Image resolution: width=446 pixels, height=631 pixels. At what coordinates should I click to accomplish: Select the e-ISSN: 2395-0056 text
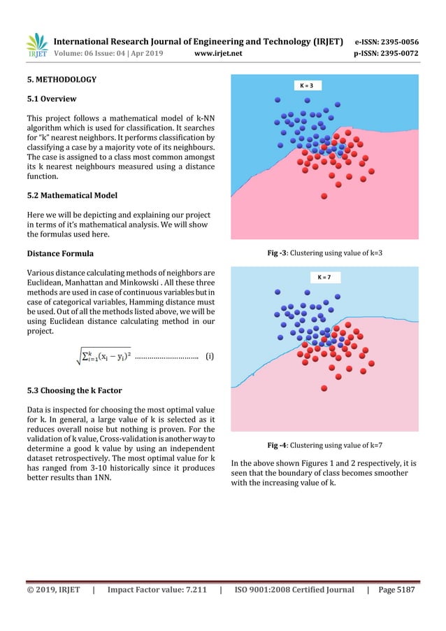387,41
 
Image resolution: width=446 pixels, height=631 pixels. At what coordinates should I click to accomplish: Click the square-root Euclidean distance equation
97,355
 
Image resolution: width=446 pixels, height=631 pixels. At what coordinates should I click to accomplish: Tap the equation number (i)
209,355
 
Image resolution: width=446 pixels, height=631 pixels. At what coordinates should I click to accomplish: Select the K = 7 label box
324,277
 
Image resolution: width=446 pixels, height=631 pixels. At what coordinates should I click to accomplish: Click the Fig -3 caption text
324,252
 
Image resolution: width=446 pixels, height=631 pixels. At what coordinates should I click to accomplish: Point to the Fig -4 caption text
324,444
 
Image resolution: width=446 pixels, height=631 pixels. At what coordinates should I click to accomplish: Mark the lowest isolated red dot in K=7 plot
324,388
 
